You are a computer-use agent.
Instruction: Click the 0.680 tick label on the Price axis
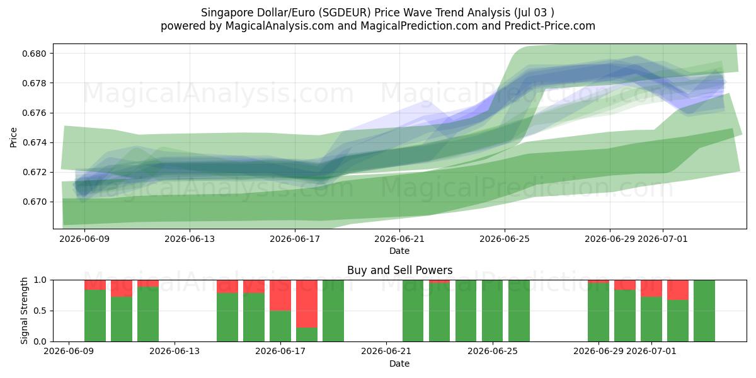click(x=34, y=54)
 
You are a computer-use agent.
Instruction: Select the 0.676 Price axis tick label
click(x=34, y=113)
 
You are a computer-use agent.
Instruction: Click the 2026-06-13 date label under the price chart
click(x=190, y=239)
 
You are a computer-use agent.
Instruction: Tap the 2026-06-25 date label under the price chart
click(x=505, y=239)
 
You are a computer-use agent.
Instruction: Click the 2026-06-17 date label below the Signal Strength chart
click(x=280, y=352)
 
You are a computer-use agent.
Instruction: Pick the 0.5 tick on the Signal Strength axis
click(x=40, y=311)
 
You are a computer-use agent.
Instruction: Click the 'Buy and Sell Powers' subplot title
click(x=399, y=270)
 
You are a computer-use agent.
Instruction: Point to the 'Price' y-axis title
click(x=13, y=137)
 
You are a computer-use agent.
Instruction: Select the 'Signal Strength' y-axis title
click(x=24, y=311)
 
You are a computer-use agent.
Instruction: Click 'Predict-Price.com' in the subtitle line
click(x=550, y=26)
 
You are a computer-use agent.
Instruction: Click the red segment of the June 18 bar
click(x=307, y=304)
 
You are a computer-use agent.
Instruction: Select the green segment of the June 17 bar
click(x=280, y=326)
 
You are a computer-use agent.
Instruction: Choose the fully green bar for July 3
click(x=704, y=311)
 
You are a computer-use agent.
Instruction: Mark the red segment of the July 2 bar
click(x=678, y=290)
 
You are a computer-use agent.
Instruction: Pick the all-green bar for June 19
click(x=333, y=311)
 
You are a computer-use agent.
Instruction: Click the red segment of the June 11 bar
click(x=122, y=289)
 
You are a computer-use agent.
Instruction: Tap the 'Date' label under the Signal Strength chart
click(x=399, y=364)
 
